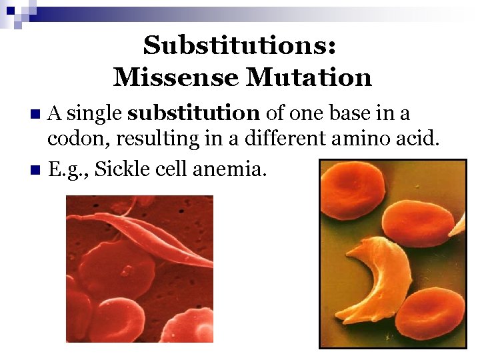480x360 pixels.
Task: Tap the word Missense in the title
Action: point(175,77)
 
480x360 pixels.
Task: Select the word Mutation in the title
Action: point(309,77)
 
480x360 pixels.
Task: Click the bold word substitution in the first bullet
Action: point(193,113)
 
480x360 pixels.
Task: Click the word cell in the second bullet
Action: point(172,169)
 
